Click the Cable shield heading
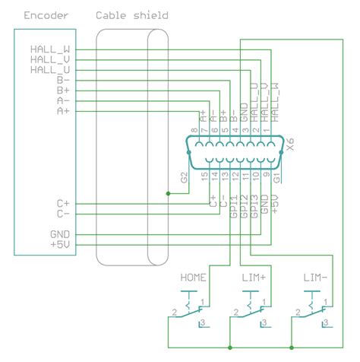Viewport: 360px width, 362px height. coord(131,15)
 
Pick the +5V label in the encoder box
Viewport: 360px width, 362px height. coord(59,245)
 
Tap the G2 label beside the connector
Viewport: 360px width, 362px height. coord(184,178)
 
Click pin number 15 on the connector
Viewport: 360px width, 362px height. coord(204,176)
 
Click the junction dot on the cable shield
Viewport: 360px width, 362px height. coord(168,193)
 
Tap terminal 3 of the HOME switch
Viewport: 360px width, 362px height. coord(201,325)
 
